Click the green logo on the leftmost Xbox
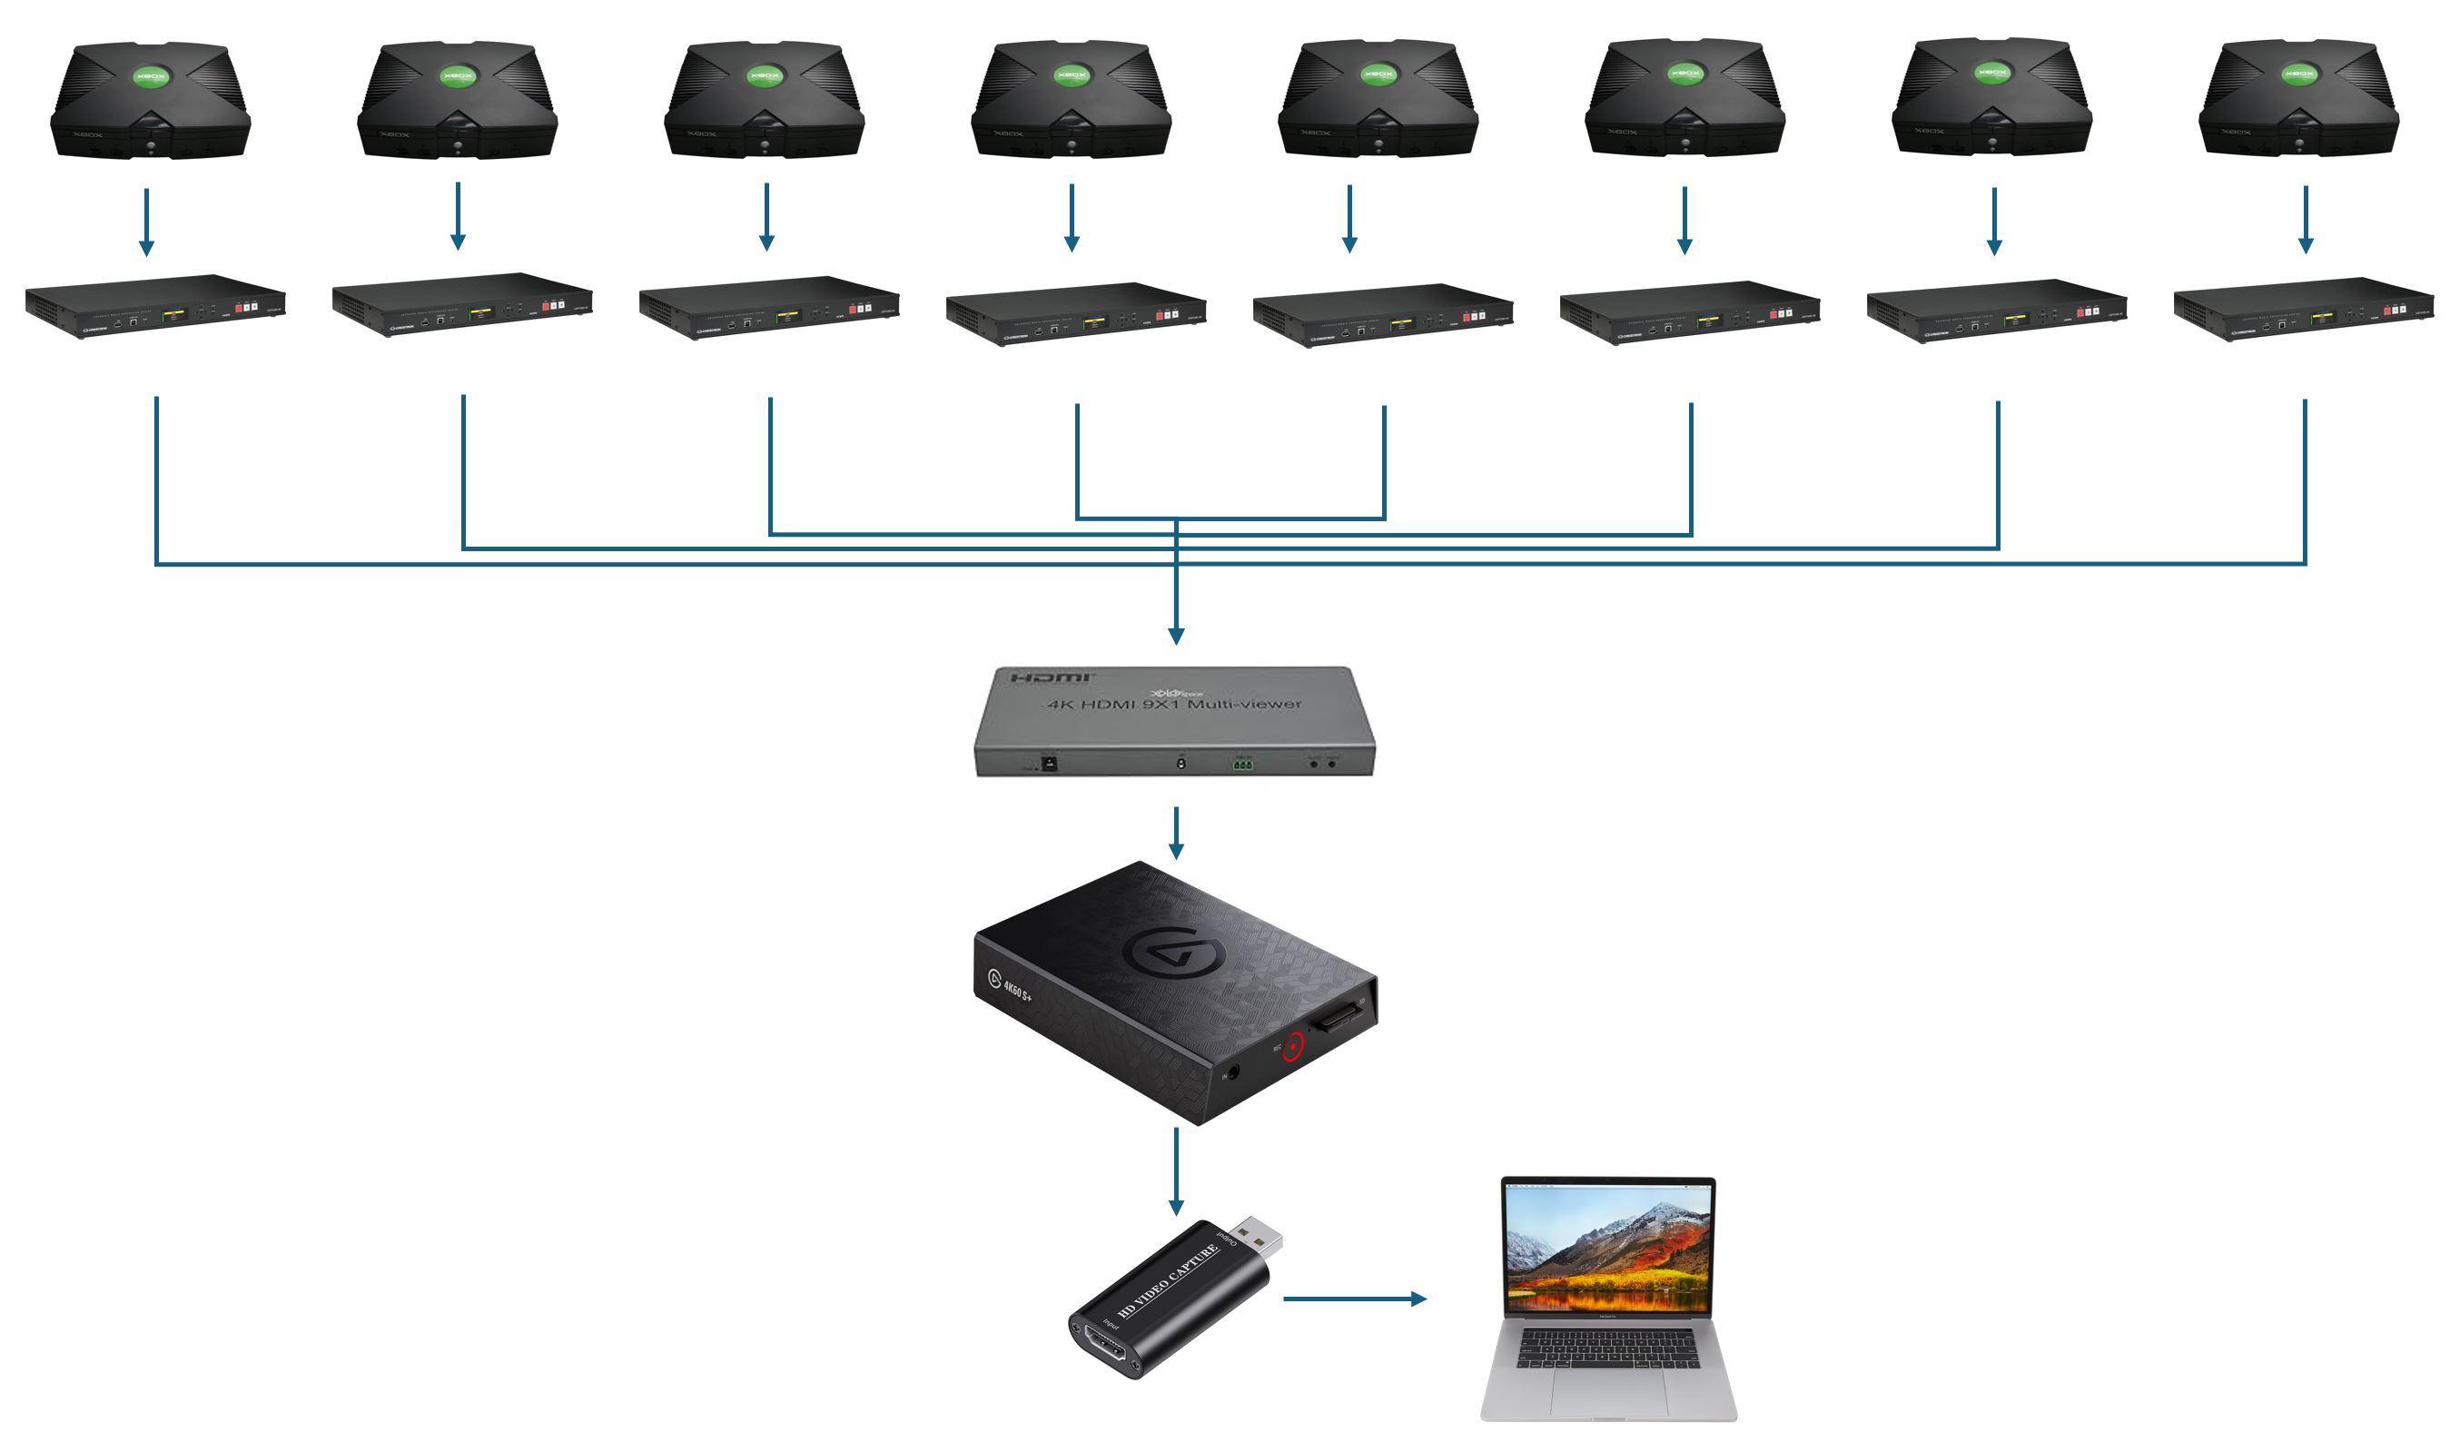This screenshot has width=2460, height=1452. pos(151,76)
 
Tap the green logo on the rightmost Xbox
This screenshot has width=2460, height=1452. pos(2298,74)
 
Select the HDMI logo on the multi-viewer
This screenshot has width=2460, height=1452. pos(1052,678)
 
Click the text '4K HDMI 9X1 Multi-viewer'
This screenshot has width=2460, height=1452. pos(1174,704)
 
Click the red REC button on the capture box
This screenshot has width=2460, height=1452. pos(1293,1046)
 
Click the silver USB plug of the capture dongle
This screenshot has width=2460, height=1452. pos(1256,1240)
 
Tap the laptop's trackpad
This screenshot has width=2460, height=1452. pos(1607,1390)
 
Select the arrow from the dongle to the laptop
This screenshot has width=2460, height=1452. pos(1354,1299)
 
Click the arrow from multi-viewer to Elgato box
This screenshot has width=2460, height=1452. pos(1176,833)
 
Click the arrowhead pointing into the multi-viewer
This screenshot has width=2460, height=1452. pos(1176,635)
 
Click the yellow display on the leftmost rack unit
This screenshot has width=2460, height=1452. pos(174,315)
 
